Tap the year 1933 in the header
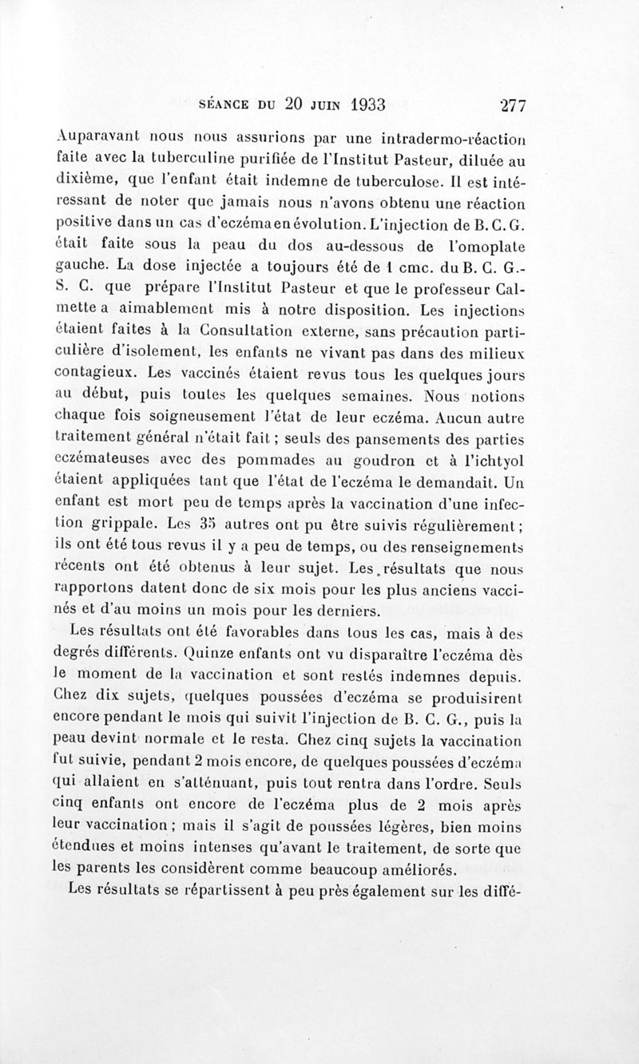tap(356, 104)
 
